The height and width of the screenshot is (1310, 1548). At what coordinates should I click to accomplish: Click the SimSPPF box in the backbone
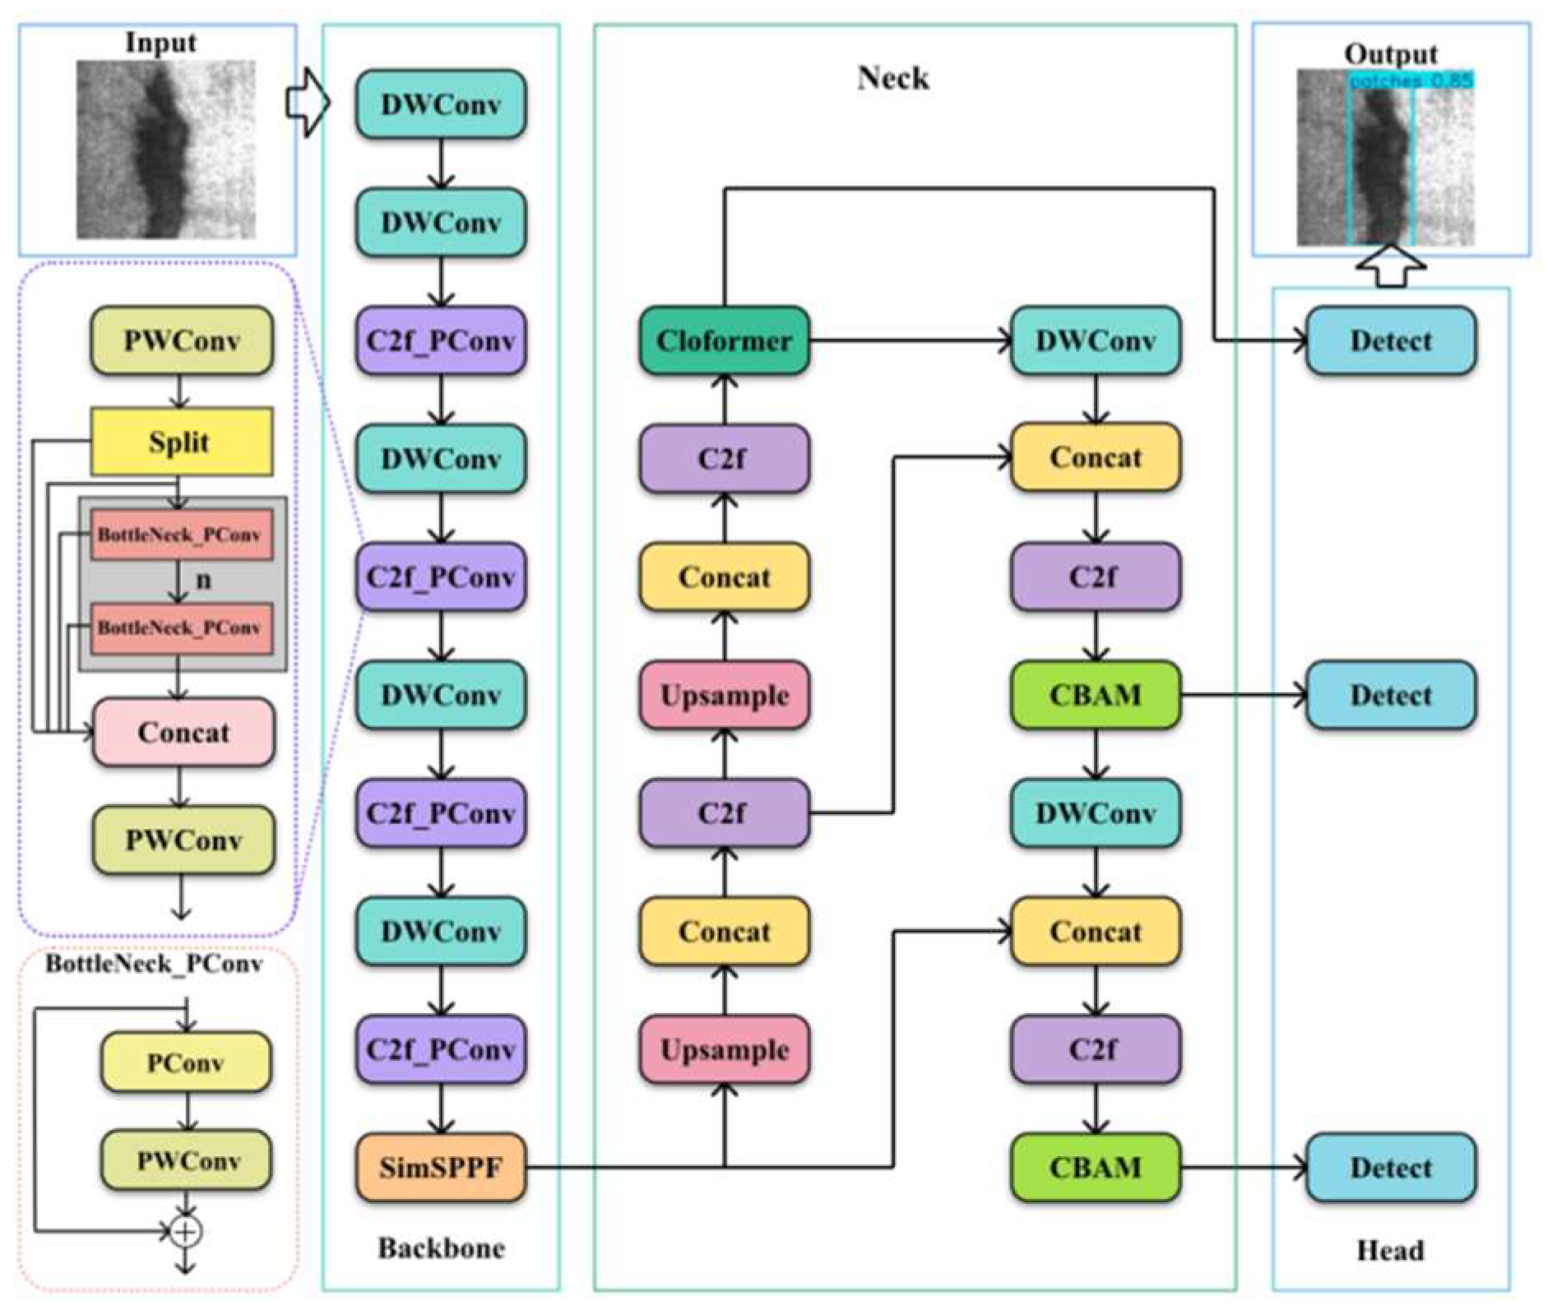pos(440,1168)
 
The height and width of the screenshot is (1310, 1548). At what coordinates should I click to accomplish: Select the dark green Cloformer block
pos(724,340)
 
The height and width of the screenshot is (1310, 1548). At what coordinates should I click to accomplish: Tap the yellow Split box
pos(181,442)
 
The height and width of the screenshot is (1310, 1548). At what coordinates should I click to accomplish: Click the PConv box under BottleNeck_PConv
pos(186,1062)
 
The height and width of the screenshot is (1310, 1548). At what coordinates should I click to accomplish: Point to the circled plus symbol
pos(186,1232)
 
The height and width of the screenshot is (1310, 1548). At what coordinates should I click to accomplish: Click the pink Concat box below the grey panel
pos(183,732)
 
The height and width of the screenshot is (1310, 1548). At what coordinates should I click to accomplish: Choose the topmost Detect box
pos(1390,340)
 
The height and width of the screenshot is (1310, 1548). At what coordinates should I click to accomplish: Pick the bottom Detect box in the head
pos(1390,1168)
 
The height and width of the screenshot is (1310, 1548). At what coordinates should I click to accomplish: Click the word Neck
pos(893,78)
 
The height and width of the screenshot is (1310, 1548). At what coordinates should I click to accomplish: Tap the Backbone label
pos(440,1248)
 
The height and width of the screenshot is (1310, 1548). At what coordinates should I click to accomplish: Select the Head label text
pos(1389,1251)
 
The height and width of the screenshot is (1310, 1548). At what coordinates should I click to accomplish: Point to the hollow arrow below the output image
pos(1390,266)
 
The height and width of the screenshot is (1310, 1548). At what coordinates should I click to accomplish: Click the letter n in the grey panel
pos(203,581)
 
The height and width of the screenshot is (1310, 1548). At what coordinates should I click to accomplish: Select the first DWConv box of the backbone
pos(440,104)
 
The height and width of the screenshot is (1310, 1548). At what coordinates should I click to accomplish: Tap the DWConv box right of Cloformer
pos(1095,340)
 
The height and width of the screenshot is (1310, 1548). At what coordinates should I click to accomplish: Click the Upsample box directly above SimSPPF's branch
pos(724,1049)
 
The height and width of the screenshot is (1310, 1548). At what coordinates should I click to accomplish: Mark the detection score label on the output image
pos(1410,81)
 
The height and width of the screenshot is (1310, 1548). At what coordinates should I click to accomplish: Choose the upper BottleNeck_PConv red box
pos(181,535)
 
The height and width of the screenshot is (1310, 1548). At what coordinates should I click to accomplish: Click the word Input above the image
pos(160,43)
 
